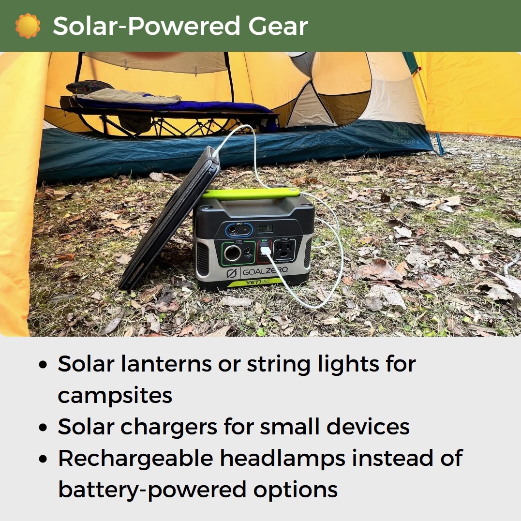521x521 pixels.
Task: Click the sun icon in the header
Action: tap(28, 26)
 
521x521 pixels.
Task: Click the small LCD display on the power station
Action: tap(264, 228)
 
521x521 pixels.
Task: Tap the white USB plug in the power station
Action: tap(266, 251)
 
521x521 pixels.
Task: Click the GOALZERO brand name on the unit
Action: tap(265, 271)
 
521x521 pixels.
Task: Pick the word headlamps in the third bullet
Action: tap(279, 458)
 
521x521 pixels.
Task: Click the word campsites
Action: tap(115, 396)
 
